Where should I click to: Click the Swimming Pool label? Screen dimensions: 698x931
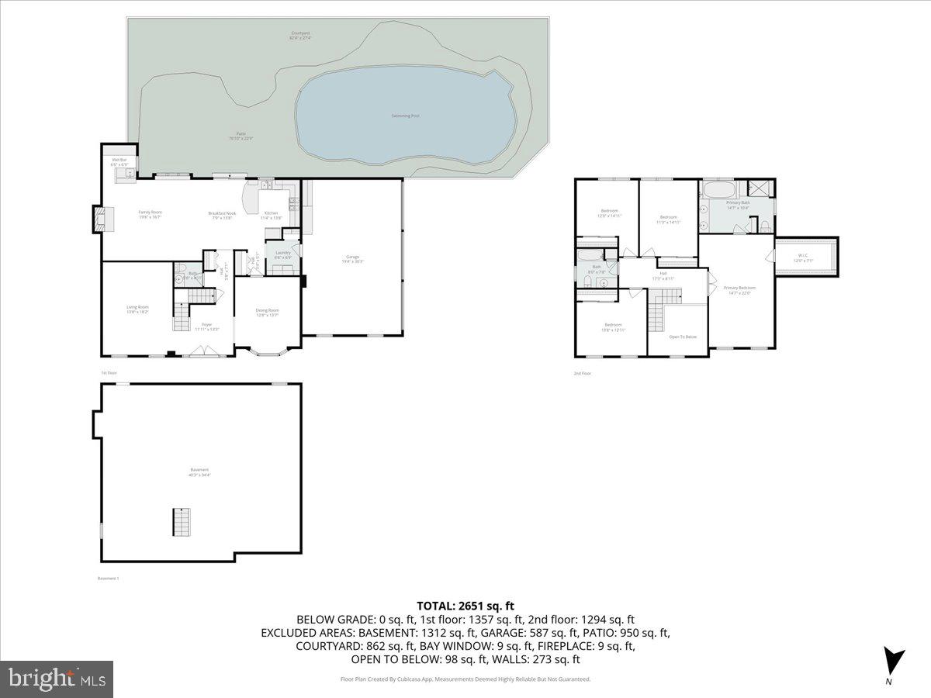tap(405, 116)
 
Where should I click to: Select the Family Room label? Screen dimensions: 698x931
tap(150, 214)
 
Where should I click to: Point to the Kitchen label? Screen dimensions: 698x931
tap(271, 215)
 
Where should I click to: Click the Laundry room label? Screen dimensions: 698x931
tap(282, 254)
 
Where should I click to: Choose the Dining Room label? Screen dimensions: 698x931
tap(267, 312)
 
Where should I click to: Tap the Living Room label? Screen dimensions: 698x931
tap(137, 309)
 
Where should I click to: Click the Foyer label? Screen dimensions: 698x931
tap(206, 326)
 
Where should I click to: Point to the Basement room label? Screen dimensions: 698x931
tap(199, 472)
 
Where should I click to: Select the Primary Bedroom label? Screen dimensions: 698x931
tap(739, 289)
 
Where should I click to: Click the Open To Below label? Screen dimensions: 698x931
tap(683, 337)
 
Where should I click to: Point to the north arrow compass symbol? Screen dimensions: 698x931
tap(894, 662)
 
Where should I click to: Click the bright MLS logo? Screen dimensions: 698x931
tap(57, 679)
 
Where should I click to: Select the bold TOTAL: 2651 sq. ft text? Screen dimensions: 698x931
tap(465, 606)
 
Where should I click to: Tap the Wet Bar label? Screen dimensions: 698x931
tap(119, 162)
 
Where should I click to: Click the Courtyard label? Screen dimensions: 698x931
tap(300, 35)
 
